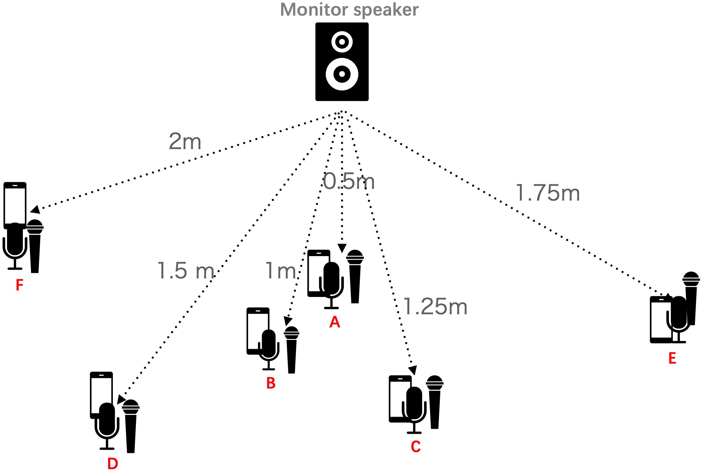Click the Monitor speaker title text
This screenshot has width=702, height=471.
pyautogui.click(x=349, y=10)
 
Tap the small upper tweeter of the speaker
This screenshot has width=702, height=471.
pyautogui.click(x=342, y=42)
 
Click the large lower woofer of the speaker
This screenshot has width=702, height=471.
pyautogui.click(x=342, y=74)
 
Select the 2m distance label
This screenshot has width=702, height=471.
pyautogui.click(x=185, y=141)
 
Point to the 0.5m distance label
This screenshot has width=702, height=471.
pyautogui.click(x=349, y=182)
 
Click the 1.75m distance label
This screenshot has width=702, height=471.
pyautogui.click(x=548, y=193)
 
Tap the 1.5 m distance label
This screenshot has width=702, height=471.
pyautogui.click(x=186, y=271)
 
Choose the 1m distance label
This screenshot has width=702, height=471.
pyautogui.click(x=281, y=271)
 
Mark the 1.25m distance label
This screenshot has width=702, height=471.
pyautogui.click(x=435, y=307)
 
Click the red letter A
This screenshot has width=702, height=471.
pyautogui.click(x=335, y=322)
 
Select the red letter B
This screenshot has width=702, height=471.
pyautogui.click(x=271, y=383)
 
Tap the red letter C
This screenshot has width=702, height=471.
pyautogui.click(x=416, y=446)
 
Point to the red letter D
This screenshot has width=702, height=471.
pyautogui.click(x=113, y=464)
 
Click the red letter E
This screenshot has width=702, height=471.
pyautogui.click(x=672, y=358)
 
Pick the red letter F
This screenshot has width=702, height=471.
pyautogui.click(x=20, y=285)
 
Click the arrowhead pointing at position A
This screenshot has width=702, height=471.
pyautogui.click(x=342, y=248)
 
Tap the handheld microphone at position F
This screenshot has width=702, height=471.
pyautogui.click(x=35, y=245)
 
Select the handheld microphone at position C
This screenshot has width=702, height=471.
pyautogui.click(x=435, y=401)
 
